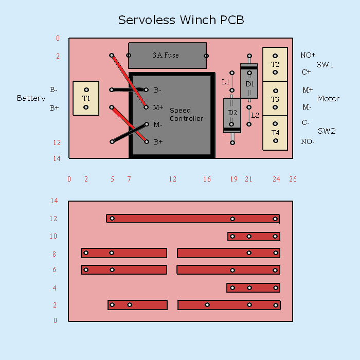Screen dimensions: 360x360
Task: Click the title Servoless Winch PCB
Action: pyautogui.click(x=181, y=20)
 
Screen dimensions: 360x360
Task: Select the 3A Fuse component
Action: pyautogui.click(x=167, y=56)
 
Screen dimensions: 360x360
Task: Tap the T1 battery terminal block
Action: pyautogui.click(x=86, y=98)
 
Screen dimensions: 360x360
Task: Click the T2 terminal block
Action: pyautogui.click(x=275, y=64)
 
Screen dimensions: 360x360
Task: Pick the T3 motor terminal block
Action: pyautogui.click(x=275, y=99)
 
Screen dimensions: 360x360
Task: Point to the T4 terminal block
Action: pyautogui.click(x=275, y=133)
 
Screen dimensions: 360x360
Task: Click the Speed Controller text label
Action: pyautogui.click(x=186, y=114)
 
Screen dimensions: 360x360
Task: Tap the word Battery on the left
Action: pyautogui.click(x=31, y=98)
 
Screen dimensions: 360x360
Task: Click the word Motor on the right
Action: pyautogui.click(x=328, y=99)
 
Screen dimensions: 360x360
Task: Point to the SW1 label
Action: pyautogui.click(x=325, y=65)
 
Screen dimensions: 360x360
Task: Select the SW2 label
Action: pyautogui.click(x=327, y=131)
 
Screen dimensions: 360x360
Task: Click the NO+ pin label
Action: pyautogui.click(x=308, y=55)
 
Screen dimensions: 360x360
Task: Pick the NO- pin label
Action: pyautogui.click(x=308, y=141)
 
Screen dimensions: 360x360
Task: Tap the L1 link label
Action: pyautogui.click(x=225, y=82)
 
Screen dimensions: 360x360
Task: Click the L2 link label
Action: pyautogui.click(x=255, y=115)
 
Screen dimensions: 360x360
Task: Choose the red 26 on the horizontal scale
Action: pyautogui.click(x=293, y=179)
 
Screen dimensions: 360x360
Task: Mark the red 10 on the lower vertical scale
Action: pyautogui.click(x=54, y=237)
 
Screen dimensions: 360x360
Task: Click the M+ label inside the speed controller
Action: pyautogui.click(x=158, y=107)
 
